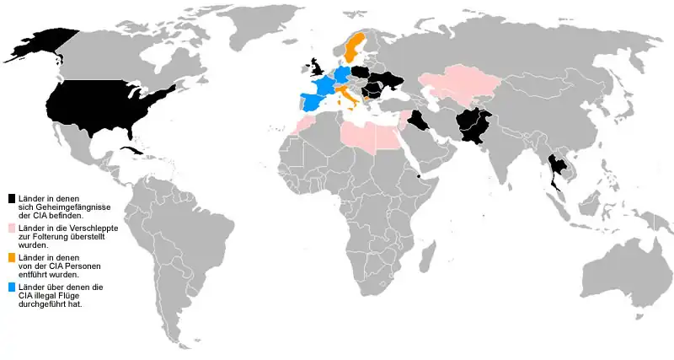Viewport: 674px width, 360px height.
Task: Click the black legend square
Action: [x=12, y=198]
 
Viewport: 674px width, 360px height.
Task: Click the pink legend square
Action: [x=12, y=228]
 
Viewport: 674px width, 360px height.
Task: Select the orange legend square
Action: [x=12, y=257]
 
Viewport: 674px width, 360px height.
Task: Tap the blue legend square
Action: [x=12, y=287]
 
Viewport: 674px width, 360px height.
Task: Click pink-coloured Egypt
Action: [x=386, y=136]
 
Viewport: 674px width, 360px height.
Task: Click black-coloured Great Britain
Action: [x=318, y=67]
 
